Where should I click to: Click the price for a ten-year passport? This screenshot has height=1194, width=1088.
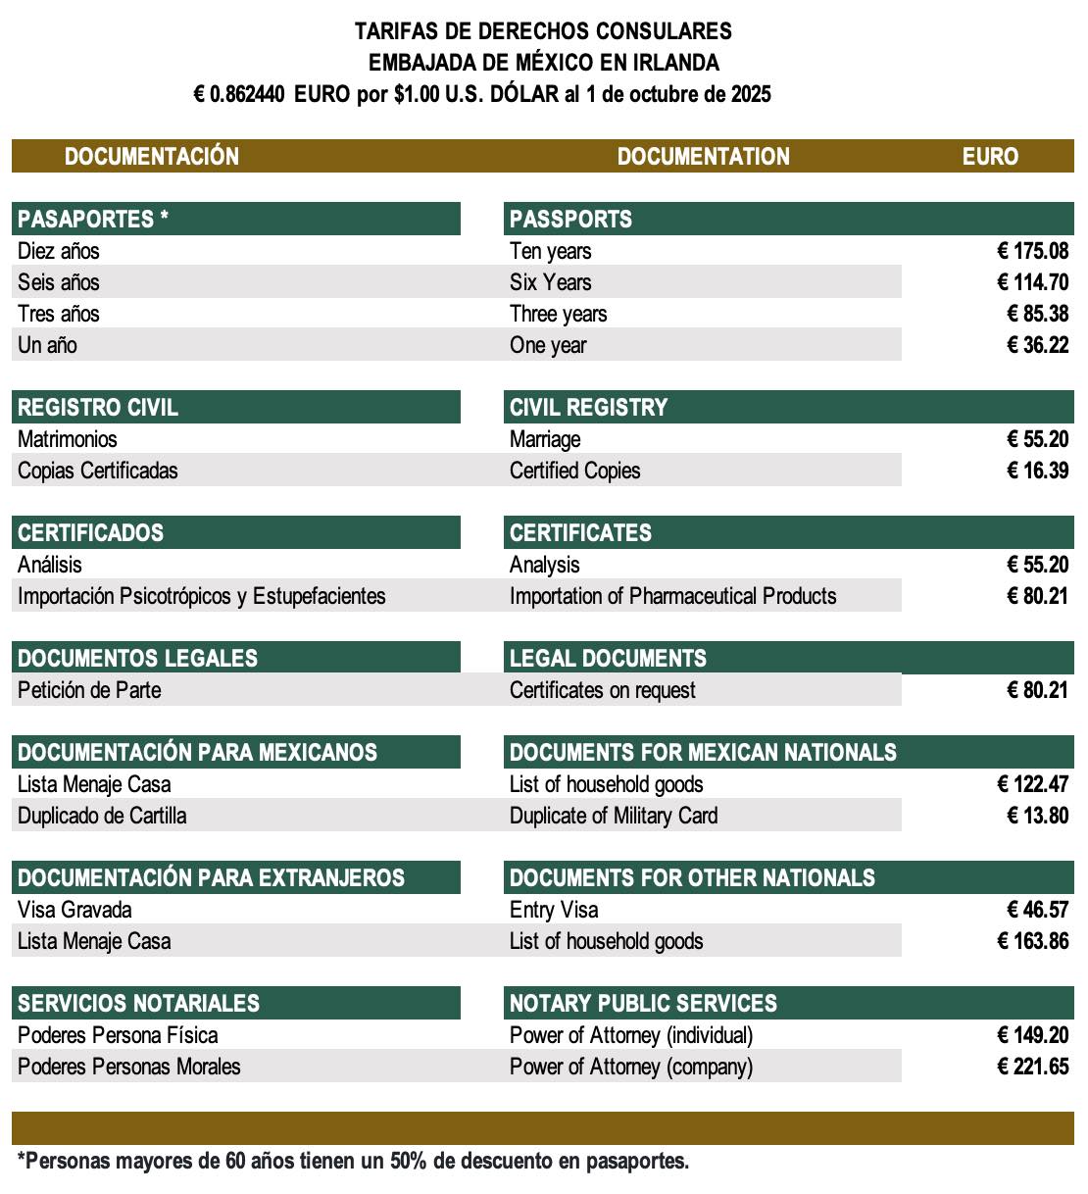point(1032,251)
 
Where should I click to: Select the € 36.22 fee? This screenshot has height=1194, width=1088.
point(1037,345)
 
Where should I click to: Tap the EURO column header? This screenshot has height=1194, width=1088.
point(990,157)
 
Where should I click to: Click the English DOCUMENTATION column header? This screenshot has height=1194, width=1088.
point(703,157)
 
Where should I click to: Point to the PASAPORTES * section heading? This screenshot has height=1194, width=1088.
point(93,219)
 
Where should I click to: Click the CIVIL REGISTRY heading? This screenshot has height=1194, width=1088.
point(588,408)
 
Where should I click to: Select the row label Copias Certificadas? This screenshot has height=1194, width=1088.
point(98,471)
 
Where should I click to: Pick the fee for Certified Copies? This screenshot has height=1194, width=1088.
point(1037,471)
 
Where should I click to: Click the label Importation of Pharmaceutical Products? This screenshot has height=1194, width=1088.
point(672,596)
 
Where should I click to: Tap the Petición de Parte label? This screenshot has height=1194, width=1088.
point(89,690)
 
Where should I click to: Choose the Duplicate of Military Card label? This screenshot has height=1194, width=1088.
point(614,816)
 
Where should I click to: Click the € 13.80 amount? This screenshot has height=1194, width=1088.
point(1037,816)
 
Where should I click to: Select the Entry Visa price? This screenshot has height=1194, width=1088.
point(1037,910)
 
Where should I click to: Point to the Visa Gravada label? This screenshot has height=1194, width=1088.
point(74,910)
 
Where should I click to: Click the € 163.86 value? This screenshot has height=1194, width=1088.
point(1032,941)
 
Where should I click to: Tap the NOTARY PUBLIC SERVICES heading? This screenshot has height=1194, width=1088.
point(643,1004)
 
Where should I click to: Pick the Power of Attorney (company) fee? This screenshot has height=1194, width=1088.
point(1032,1067)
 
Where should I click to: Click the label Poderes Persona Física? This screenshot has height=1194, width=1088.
point(118,1035)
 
